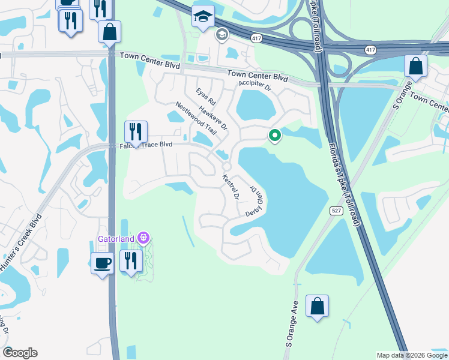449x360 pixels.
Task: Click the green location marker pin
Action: click(275, 136)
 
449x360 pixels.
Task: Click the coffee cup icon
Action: click(102, 262)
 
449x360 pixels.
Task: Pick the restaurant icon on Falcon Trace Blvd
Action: click(136, 131)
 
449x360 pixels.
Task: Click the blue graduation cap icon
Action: click(203, 17)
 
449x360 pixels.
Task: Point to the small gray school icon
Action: click(221, 35)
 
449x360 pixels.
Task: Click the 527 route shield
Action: click(336, 210)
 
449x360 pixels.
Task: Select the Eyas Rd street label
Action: click(205, 98)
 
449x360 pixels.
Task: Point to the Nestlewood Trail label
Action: click(195, 118)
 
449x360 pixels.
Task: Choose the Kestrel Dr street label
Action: click(231, 188)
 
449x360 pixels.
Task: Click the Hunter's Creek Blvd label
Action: click(22, 242)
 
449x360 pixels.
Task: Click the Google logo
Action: click(20, 353)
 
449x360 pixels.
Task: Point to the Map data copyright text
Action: click(412, 355)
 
